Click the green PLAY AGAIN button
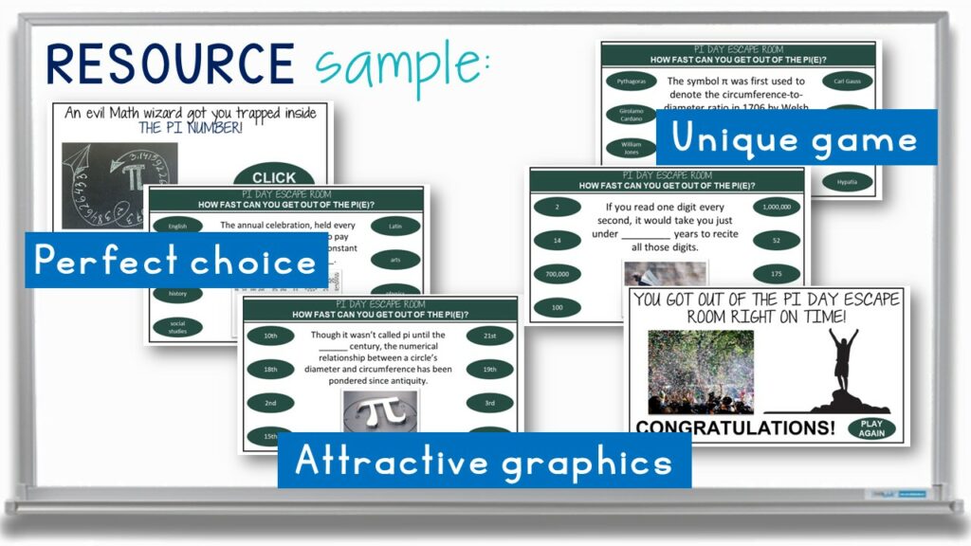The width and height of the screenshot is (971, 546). pos(871,428)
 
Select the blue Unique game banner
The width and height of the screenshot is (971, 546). pos(795,138)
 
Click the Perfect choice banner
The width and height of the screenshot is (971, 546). pos(174,260)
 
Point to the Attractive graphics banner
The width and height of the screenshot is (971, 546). pos(484,461)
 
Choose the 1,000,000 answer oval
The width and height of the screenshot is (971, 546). pos(778,207)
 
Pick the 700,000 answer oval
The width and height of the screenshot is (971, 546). pos(558,274)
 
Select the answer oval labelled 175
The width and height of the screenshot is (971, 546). pos(778,274)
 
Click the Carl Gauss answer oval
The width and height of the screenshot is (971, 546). pos(847,81)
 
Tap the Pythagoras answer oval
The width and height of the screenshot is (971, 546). pos(631,82)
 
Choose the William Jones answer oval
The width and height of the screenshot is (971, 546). pos(631,148)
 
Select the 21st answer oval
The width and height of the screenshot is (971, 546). pos(489,336)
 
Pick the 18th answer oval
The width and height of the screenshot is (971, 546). pos(271,369)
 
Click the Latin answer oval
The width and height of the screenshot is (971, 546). pos(395,226)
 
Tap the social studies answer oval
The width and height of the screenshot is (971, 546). pos(177,328)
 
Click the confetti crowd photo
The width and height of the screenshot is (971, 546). pos(700,372)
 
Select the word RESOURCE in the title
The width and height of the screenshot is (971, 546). pos(171,64)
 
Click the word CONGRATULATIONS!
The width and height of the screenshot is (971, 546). pos(735,428)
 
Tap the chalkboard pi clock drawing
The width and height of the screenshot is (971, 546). pos(119,186)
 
